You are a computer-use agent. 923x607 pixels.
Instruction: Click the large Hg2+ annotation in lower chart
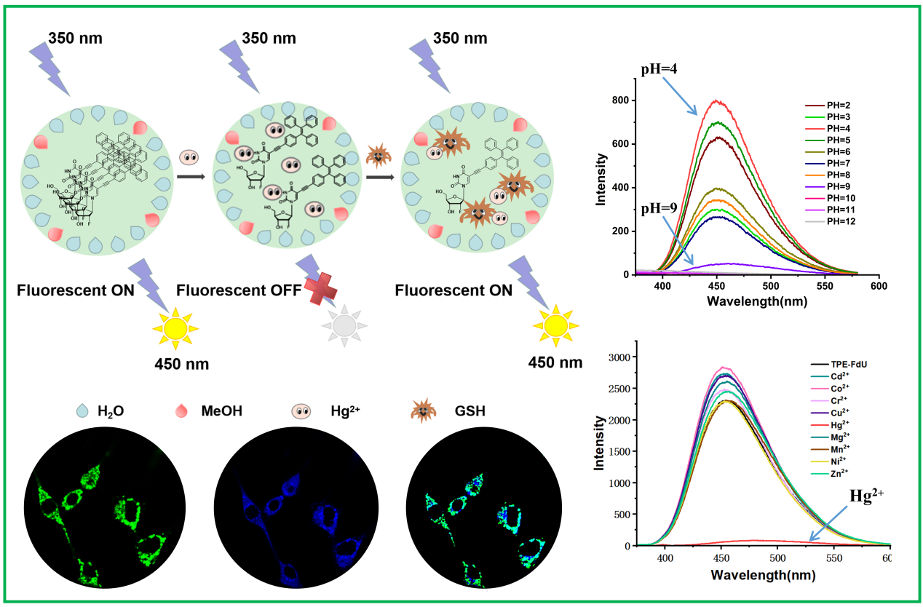(872, 496)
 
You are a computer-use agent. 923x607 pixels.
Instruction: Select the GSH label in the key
(470, 412)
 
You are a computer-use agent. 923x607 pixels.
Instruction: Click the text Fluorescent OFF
(231, 291)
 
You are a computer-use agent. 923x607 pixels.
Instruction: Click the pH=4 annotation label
(659, 71)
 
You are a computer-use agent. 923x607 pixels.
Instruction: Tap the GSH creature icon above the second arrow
(378, 154)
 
